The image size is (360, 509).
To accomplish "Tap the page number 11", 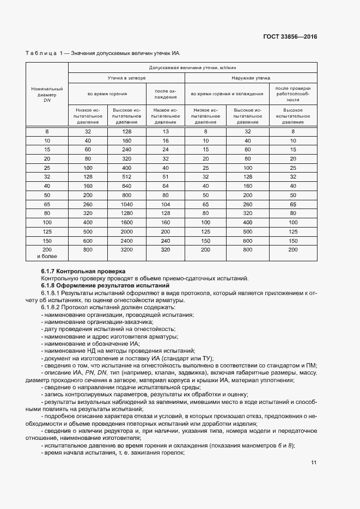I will [x=314, y=463].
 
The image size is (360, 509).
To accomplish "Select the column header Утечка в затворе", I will [x=126, y=78].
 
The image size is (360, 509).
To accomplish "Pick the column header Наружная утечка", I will [x=251, y=78].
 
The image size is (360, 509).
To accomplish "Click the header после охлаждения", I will [x=166, y=94].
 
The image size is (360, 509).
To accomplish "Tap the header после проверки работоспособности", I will [x=293, y=94].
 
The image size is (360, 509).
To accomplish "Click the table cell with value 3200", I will [x=126, y=249].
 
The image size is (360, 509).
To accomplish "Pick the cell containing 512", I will [x=126, y=176].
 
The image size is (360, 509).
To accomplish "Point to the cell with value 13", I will [x=166, y=132].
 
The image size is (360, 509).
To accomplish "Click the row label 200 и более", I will [x=47, y=252].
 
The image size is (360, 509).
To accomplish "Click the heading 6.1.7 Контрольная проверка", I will [x=83, y=271].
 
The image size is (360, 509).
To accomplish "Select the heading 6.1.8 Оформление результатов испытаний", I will [x=106, y=285].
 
